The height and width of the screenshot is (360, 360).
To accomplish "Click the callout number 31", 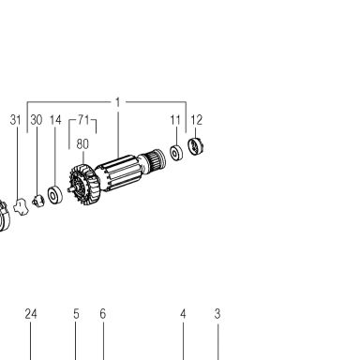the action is coord(15,120).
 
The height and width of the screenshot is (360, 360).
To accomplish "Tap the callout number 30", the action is coord(37,120).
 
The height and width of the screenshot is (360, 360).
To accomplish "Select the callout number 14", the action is coord(55,120).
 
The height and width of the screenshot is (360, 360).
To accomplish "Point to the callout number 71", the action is coord(83,119).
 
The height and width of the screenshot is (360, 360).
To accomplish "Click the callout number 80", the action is coord(82,143).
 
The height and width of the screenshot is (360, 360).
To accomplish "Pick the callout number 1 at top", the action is coord(117,102).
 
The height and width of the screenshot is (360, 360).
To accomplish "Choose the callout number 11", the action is coord(175,120).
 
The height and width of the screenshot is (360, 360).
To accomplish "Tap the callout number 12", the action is coord(196,120).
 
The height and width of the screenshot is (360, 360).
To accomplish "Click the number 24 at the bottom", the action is coord(31,314).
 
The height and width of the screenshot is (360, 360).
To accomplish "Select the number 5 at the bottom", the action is coord(76,314).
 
